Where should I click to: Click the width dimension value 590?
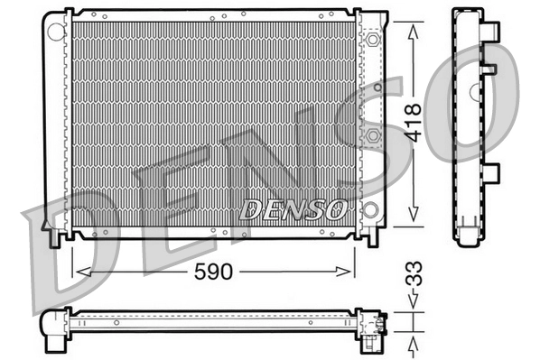click(212, 271)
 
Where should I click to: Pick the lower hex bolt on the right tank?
click(370, 135)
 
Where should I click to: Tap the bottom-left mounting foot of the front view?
click(56, 236)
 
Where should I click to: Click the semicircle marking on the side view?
click(474, 91)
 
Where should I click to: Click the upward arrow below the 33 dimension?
click(413, 340)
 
